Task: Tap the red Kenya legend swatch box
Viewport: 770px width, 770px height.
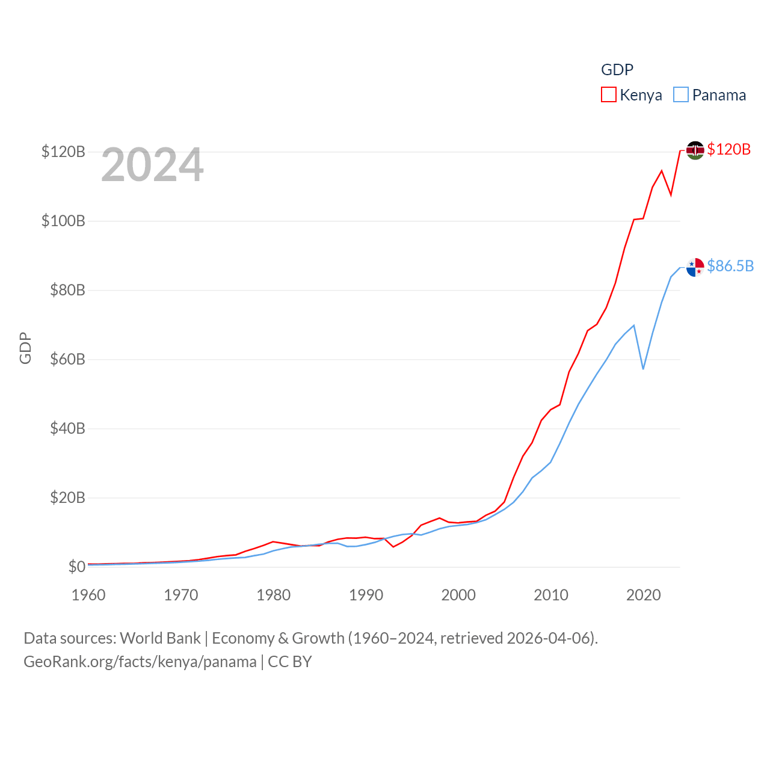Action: (x=609, y=95)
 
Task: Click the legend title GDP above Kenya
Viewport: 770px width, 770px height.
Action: (x=617, y=70)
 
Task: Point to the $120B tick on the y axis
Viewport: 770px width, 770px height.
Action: (x=63, y=152)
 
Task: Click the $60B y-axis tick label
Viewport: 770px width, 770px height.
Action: (x=63, y=359)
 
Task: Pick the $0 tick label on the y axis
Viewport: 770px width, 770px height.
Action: (x=76, y=567)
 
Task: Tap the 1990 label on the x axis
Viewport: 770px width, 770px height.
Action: (x=366, y=595)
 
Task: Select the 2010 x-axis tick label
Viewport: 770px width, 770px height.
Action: (x=551, y=595)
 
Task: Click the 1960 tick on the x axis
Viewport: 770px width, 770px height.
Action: (x=88, y=595)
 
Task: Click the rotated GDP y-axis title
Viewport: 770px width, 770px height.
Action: (x=25, y=348)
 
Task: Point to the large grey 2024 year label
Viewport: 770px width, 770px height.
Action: (x=152, y=165)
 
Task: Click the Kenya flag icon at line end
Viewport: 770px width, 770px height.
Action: (x=695, y=150)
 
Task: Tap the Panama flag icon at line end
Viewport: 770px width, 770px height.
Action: (x=695, y=267)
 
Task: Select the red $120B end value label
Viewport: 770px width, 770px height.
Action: (x=729, y=149)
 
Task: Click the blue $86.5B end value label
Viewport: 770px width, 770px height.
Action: (x=730, y=266)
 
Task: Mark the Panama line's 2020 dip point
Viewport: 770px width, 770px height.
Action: (x=643, y=368)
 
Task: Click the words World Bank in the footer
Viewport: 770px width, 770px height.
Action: (x=160, y=638)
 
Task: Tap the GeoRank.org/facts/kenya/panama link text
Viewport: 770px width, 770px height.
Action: (x=140, y=662)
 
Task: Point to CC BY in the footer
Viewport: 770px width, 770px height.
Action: (x=290, y=662)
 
